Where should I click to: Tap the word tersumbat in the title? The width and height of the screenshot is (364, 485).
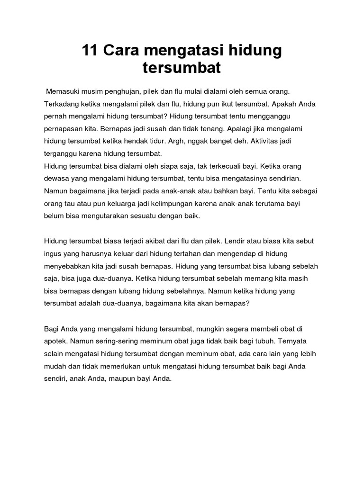182,68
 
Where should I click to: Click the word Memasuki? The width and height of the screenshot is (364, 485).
63,90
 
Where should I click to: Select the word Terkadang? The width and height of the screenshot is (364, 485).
62,103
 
